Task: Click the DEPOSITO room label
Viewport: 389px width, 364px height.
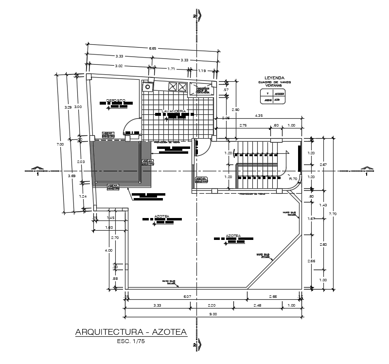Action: point(116,100)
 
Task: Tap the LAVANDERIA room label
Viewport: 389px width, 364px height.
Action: point(174,111)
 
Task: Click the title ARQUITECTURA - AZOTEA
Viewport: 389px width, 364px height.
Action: point(131,332)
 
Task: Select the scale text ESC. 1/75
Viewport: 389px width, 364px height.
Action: point(131,342)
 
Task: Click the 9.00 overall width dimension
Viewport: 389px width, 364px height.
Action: point(212,314)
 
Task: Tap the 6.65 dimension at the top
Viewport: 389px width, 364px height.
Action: point(153,48)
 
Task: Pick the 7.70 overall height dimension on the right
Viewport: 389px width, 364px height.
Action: point(333,214)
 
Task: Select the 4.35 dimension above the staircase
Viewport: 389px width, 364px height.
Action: point(259,115)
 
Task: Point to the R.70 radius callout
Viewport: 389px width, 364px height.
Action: point(293,179)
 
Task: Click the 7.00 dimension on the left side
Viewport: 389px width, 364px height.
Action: point(61,144)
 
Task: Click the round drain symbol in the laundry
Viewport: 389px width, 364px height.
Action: point(147,86)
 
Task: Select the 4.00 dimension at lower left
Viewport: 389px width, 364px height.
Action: point(109,250)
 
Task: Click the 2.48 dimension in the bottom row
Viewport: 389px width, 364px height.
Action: point(257,305)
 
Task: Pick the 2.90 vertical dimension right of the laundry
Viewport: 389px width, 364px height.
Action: point(235,110)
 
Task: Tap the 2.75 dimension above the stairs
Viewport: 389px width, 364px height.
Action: point(243,126)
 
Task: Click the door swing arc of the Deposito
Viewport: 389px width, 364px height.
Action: point(131,125)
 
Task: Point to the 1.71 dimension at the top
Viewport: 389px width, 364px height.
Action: point(171,69)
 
